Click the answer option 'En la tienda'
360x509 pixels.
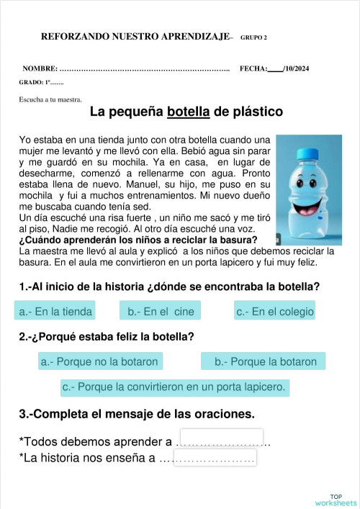click(55, 311)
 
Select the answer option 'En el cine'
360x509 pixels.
click(161, 311)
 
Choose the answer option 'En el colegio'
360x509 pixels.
click(275, 311)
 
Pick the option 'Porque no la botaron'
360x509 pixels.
click(99, 361)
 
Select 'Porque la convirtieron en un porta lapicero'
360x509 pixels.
click(174, 387)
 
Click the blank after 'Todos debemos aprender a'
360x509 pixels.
click(221, 438)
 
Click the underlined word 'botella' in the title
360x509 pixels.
click(188, 112)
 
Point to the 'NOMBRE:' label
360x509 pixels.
click(40, 68)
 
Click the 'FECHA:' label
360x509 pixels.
click(253, 68)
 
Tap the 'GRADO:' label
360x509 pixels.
click(32, 83)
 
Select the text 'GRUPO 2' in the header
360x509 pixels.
click(253, 37)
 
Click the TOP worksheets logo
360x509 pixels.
click(336, 500)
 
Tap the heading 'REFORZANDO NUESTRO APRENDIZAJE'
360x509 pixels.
click(135, 36)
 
